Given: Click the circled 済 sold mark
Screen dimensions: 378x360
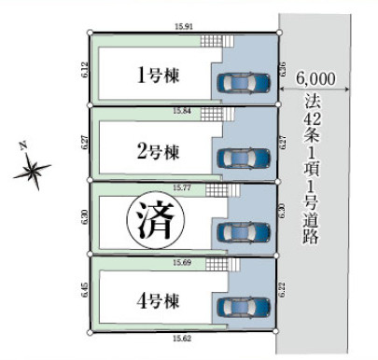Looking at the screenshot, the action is pyautogui.click(x=155, y=222).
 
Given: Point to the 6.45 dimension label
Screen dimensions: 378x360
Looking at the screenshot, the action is pyautogui.click(x=82, y=292).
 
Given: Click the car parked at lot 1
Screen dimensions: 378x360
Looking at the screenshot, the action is pyautogui.click(x=243, y=83).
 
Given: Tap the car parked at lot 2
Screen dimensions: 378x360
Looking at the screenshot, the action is pyautogui.click(x=243, y=157).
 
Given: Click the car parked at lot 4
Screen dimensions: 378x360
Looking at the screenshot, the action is pyautogui.click(x=243, y=305).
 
